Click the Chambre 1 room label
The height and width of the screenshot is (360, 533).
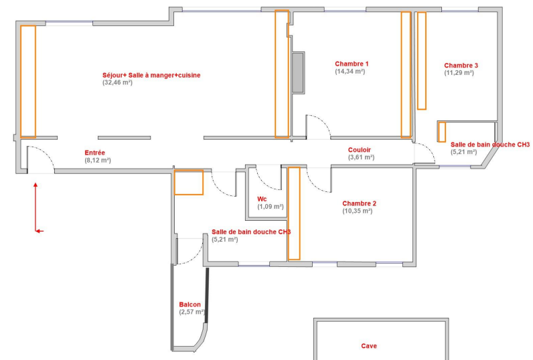(352, 64)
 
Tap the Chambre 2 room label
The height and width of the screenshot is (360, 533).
(359, 203)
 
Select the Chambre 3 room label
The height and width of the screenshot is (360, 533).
(461, 66)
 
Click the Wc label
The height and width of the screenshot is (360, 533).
(262, 199)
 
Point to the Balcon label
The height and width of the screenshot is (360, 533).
(189, 304)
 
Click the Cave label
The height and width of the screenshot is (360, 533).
(369, 346)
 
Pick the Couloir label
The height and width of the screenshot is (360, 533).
(360, 150)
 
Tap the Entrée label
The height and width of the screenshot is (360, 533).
(94, 153)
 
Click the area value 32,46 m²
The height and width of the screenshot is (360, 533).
(117, 82)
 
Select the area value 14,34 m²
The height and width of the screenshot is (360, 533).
(350, 72)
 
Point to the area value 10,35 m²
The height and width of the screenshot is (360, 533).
(358, 211)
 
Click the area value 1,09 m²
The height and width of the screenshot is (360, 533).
(271, 207)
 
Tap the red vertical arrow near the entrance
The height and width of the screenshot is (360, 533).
(35, 207)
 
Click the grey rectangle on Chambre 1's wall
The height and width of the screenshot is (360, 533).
(298, 73)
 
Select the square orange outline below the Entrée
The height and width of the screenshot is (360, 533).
(189, 183)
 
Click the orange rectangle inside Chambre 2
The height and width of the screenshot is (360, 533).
(294, 213)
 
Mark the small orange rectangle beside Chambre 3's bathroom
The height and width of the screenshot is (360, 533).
(441, 132)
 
